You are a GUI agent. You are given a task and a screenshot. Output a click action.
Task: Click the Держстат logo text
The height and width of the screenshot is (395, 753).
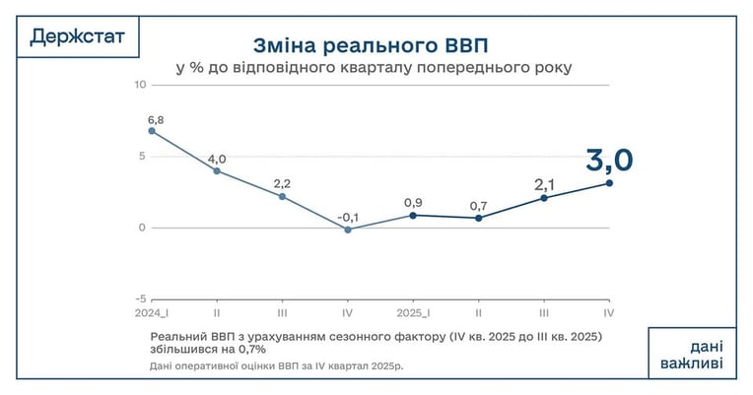77,36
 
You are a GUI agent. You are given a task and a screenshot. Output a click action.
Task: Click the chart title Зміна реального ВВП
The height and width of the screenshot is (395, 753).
371,45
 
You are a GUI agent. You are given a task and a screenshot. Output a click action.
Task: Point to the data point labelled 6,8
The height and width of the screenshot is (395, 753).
152,131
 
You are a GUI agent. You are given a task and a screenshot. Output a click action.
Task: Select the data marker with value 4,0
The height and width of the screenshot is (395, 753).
217,170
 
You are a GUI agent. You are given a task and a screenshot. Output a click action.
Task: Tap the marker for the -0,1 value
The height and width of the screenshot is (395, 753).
348,230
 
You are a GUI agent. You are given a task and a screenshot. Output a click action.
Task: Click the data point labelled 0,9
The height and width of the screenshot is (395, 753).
413,216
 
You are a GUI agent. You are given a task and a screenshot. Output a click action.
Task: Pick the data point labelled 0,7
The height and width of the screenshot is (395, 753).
478,218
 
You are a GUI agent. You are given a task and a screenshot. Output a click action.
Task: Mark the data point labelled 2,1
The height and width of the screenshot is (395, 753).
544,198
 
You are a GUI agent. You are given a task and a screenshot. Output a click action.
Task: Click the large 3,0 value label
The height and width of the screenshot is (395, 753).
609,161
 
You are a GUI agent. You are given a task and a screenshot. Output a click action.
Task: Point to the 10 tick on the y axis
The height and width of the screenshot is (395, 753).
140,85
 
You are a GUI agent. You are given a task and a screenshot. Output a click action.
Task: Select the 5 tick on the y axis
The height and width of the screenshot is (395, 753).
142,157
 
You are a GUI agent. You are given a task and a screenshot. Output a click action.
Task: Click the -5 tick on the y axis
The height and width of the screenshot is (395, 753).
140,299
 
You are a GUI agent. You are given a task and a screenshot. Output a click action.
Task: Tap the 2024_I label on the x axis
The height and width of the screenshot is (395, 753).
152,313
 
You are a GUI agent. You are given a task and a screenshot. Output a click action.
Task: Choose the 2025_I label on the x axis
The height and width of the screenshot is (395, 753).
413,313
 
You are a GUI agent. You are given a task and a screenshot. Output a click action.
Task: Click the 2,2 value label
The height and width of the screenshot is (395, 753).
282,184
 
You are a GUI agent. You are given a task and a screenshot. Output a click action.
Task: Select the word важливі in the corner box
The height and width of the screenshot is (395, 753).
692,362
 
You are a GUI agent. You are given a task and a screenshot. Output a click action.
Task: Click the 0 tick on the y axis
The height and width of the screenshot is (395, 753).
142,228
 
